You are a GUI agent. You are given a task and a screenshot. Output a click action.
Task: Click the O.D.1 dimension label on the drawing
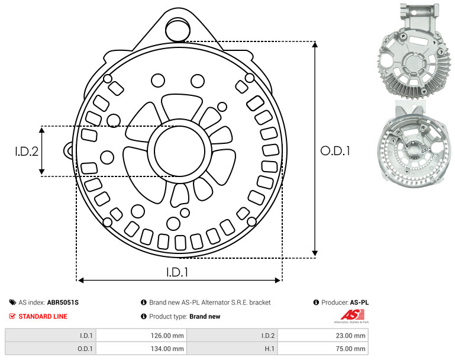[335, 150]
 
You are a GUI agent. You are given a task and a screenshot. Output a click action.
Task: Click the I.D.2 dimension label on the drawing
[27, 151]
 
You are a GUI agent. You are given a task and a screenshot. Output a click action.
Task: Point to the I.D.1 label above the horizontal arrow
[178, 272]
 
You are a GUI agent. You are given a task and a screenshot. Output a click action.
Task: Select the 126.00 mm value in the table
[167, 336]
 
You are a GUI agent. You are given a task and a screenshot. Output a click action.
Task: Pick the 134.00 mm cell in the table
[167, 349]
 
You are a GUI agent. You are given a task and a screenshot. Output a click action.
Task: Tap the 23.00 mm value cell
[350, 336]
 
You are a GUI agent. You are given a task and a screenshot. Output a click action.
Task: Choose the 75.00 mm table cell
[350, 349]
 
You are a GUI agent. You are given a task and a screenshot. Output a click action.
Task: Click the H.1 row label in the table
[270, 349]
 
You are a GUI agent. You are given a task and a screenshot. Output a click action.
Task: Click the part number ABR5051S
[63, 303]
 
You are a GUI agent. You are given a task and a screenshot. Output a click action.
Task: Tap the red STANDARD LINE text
[43, 316]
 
